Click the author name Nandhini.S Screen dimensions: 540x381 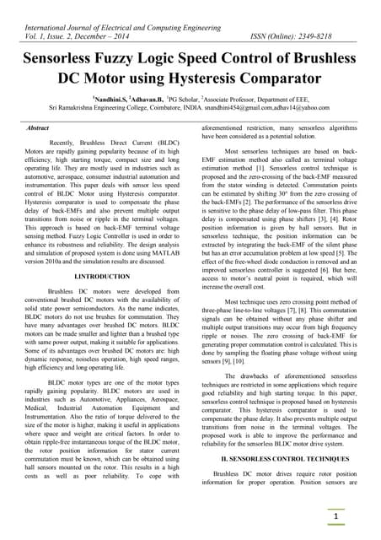[x=114, y=99]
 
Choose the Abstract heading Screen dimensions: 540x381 [x=39, y=127]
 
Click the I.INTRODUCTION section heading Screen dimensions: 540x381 [x=102, y=277]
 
